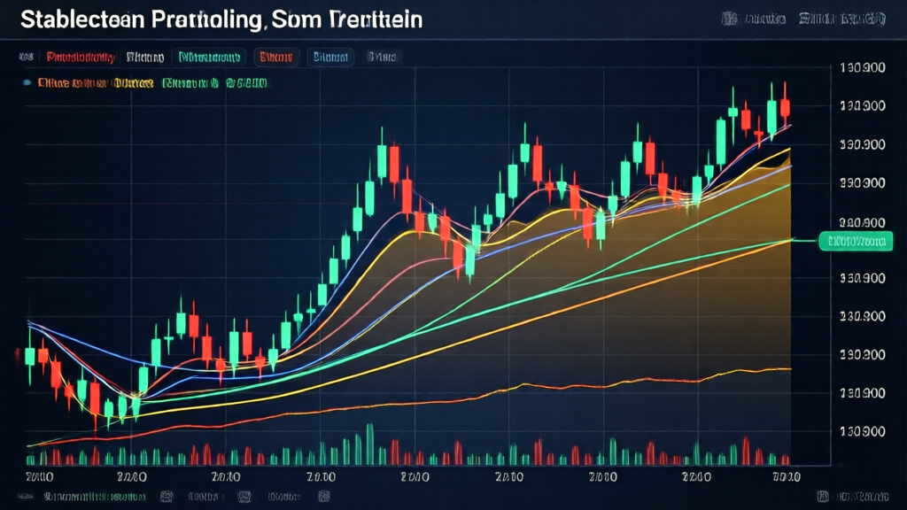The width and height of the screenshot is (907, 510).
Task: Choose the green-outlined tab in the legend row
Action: [210, 58]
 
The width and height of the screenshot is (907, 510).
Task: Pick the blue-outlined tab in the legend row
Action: [330, 58]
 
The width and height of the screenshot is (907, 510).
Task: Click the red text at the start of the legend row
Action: [80, 58]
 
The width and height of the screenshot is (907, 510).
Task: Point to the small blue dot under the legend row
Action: [29, 83]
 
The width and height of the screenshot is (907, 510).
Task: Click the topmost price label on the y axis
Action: [861, 67]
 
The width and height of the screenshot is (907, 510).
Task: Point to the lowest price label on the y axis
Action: [861, 431]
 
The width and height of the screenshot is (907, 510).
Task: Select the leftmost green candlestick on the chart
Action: [29, 356]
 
